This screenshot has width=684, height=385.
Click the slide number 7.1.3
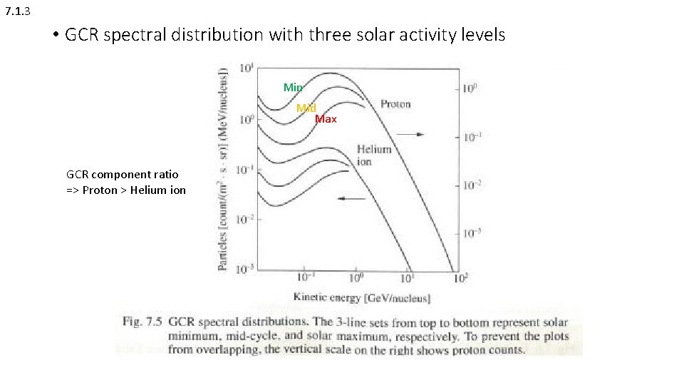(x=17, y=11)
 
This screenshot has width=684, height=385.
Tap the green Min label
(x=293, y=87)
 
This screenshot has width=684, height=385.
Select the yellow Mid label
(x=306, y=108)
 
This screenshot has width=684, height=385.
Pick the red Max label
(x=326, y=119)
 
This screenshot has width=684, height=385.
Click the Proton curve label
(x=395, y=104)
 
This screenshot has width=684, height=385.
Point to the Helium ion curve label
(x=374, y=155)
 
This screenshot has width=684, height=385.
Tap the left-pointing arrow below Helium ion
(x=352, y=199)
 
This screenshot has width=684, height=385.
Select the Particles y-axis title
(x=223, y=169)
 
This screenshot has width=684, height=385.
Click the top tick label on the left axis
(x=247, y=68)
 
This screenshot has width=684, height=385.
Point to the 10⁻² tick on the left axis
(x=247, y=218)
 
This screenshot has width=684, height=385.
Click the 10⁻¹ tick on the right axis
(x=474, y=137)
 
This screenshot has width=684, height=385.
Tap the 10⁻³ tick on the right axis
(x=474, y=232)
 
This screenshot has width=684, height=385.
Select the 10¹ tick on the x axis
(x=408, y=277)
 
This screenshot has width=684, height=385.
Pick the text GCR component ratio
(x=123, y=174)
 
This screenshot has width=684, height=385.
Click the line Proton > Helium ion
(x=126, y=190)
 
